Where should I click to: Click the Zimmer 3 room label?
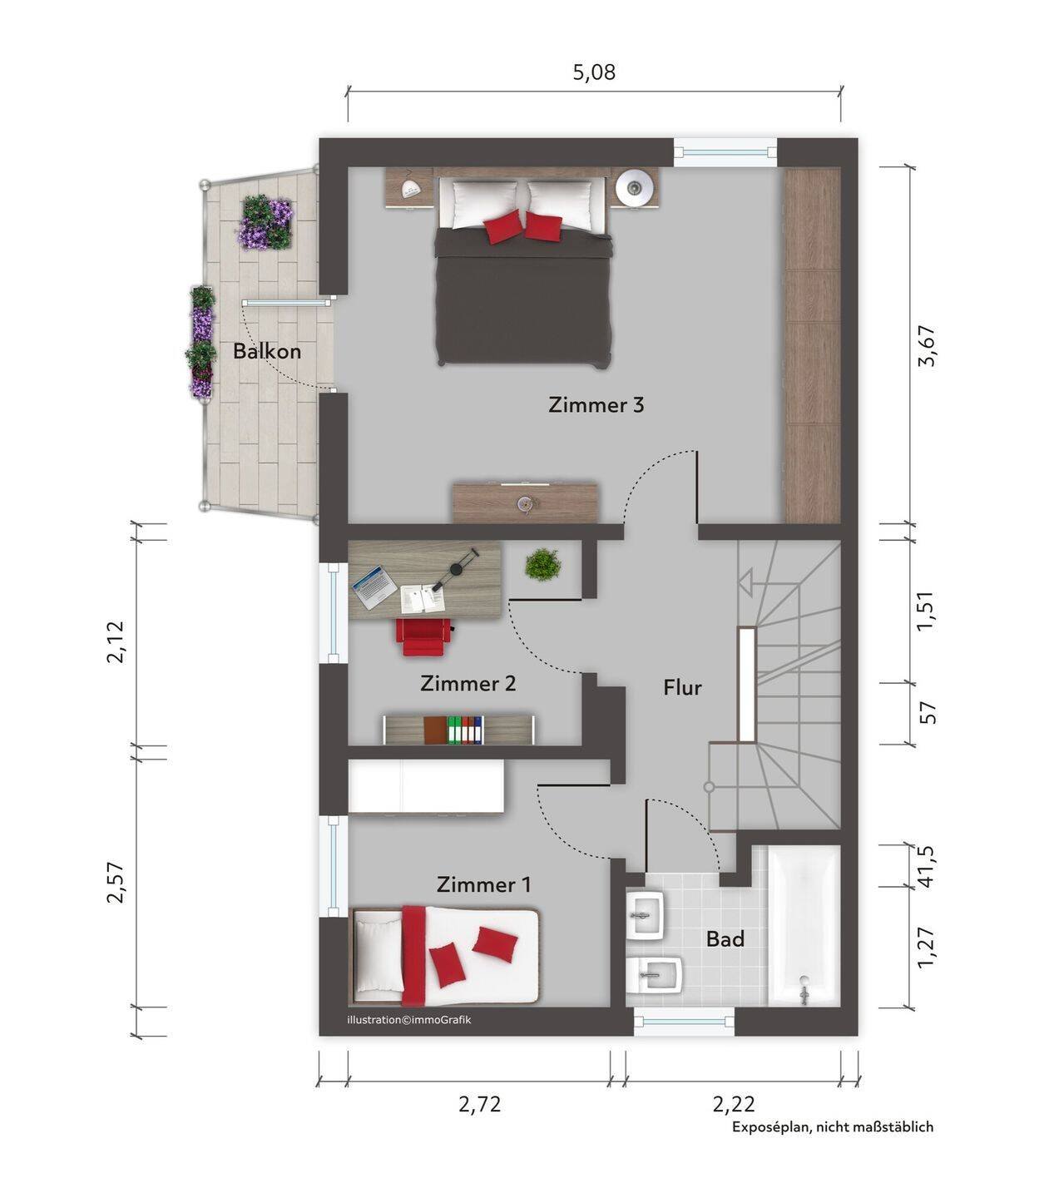596,404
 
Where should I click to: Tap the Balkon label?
267,351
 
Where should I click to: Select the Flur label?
682,687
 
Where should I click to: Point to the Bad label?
725,939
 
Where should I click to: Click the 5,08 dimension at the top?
594,72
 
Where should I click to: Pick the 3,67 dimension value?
927,345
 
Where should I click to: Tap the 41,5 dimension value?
928,866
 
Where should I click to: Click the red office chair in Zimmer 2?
424,636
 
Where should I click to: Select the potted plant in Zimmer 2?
543,564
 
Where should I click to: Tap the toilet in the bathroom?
655,975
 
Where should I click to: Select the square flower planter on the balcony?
265,222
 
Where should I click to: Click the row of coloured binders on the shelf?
465,730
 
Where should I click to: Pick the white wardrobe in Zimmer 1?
426,786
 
